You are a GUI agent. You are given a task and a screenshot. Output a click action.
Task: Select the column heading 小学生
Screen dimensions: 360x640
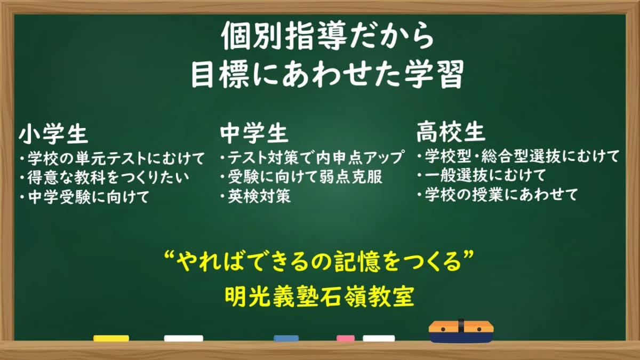coord(53,134)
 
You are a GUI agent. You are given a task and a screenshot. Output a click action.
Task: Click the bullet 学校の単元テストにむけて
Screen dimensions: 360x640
coord(110,158)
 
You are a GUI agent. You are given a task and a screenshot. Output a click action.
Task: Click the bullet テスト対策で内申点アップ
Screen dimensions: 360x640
coord(311,158)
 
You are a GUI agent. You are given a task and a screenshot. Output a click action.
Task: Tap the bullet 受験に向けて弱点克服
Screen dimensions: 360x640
coord(301,177)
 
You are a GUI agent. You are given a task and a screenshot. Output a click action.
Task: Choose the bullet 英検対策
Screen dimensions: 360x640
coord(255,196)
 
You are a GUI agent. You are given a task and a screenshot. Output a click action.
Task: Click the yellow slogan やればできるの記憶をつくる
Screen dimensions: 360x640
coord(319,264)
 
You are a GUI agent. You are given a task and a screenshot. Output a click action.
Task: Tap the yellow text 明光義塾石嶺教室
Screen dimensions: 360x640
coord(319,297)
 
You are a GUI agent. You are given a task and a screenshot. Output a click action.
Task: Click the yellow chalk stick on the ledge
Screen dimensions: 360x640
coord(111,338)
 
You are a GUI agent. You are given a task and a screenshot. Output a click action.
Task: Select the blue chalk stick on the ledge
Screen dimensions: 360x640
coord(286,338)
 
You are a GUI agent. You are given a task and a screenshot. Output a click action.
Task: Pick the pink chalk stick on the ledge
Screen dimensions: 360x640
coord(345,338)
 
